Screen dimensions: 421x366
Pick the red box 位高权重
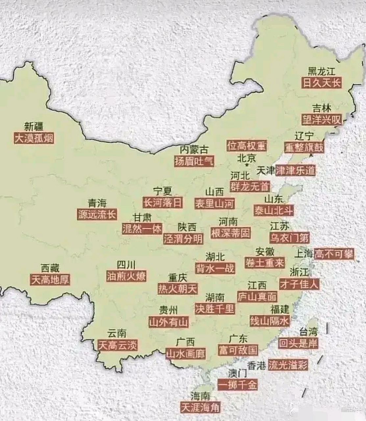(x=246, y=145)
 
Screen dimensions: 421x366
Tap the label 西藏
(x=50, y=268)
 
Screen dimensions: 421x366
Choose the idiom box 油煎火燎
(x=126, y=276)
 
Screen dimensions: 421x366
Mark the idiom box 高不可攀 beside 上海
(x=334, y=254)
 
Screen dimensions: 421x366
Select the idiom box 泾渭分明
(x=183, y=239)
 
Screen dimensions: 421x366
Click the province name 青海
(x=97, y=203)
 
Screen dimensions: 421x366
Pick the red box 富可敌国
(x=237, y=350)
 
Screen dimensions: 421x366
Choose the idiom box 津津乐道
(x=295, y=170)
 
